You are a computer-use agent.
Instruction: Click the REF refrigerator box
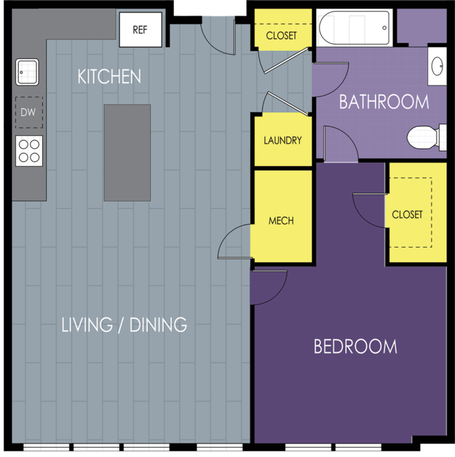tap(141, 30)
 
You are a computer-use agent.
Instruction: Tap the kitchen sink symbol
tap(28, 72)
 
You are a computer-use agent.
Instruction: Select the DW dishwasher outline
tap(29, 113)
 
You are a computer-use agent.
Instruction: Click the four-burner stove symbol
tap(29, 151)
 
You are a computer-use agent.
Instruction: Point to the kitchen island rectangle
tap(127, 153)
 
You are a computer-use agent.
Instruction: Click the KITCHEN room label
tap(109, 77)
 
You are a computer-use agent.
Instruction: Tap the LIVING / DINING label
tap(124, 325)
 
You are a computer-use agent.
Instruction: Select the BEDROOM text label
tap(355, 347)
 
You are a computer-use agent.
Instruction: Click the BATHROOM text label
tap(384, 102)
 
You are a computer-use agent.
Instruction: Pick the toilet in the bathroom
tap(425, 137)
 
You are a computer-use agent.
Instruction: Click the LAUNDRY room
tap(283, 140)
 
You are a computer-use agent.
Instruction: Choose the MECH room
tap(281, 220)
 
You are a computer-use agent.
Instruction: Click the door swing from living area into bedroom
tap(268, 286)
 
